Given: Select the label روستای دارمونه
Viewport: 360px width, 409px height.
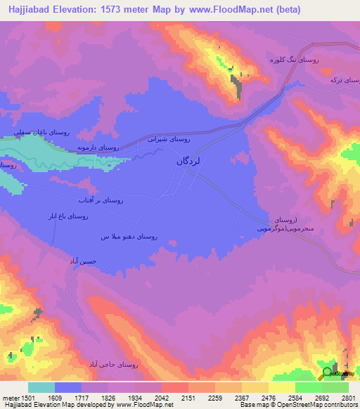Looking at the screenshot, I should pos(95,148).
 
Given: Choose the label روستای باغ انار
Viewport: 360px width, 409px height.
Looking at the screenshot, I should pos(68,217).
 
